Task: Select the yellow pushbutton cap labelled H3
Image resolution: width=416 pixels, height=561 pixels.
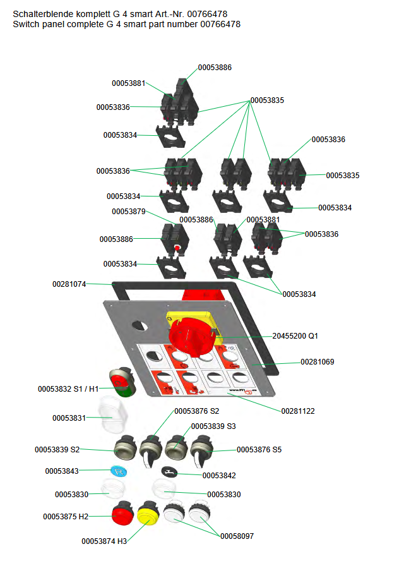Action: [x=148, y=513]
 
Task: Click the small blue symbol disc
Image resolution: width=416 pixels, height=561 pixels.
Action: [x=118, y=471]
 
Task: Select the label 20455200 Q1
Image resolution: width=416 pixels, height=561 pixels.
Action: [x=295, y=336]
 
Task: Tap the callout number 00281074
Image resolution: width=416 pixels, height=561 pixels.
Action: [x=69, y=285]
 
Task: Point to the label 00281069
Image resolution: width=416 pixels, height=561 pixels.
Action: [x=317, y=362]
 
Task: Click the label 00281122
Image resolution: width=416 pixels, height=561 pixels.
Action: [x=298, y=411]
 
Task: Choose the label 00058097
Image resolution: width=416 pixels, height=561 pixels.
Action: [x=237, y=536]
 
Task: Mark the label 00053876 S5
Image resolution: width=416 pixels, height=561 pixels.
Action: [x=259, y=450]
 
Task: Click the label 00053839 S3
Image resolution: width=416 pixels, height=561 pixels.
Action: [x=213, y=426]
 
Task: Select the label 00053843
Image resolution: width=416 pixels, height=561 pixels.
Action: [x=62, y=471]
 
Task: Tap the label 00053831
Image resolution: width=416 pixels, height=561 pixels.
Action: [x=69, y=418]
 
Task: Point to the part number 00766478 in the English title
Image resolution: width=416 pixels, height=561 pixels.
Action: [x=220, y=24]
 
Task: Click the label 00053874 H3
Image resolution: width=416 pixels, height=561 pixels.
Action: [x=104, y=541]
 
